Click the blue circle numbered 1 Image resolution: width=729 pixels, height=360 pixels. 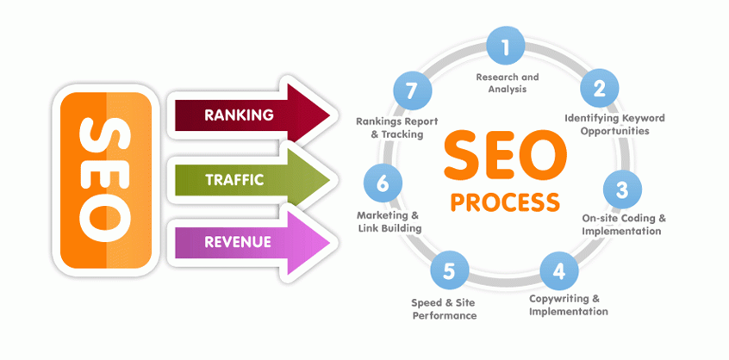pyautogui.click(x=506, y=47)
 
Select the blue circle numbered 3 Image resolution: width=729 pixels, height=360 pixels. pyautogui.click(x=622, y=187)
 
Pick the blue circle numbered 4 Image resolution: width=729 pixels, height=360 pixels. pyautogui.click(x=558, y=271)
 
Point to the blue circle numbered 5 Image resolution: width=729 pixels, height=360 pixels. pyautogui.click(x=448, y=272)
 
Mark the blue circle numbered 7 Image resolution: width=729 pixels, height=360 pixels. pyautogui.click(x=410, y=90)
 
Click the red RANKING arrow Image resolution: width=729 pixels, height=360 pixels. pyautogui.click(x=250, y=115)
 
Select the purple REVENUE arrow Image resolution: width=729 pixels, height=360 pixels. pyautogui.click(x=250, y=242)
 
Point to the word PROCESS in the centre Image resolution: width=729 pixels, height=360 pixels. pyautogui.click(x=505, y=202)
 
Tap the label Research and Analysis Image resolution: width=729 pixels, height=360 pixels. pyautogui.click(x=508, y=83)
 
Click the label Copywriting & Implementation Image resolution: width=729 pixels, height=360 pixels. pyautogui.click(x=568, y=305)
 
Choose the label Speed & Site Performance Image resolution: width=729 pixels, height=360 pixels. pyautogui.click(x=443, y=309)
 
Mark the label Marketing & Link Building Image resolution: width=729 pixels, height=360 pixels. pyautogui.click(x=389, y=221)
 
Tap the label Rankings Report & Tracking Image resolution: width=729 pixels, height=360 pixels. pyautogui.click(x=392, y=127)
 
